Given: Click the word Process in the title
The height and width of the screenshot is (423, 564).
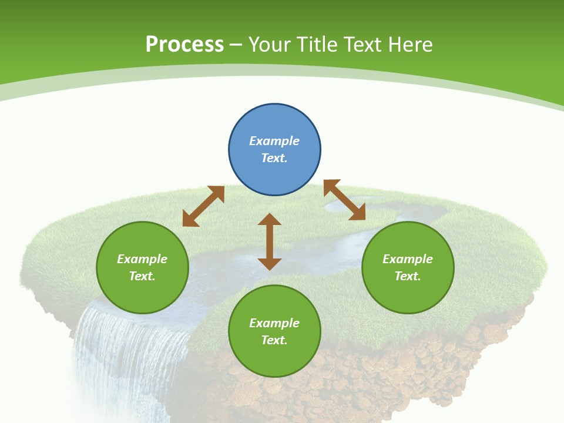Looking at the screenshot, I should coord(184,45).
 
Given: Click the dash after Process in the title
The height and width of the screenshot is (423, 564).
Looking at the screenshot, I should coord(236,45).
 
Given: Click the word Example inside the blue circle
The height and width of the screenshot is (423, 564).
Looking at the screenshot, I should coord(274,141).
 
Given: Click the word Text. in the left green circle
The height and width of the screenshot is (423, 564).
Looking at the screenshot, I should coord(142,276).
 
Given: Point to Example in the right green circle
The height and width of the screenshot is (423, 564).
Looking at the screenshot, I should coord(408,259).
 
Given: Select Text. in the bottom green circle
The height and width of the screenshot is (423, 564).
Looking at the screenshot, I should coord(274,340).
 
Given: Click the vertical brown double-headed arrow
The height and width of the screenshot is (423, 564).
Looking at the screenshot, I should coord(270,241).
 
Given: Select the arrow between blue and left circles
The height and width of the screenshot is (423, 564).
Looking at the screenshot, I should coord(203,206).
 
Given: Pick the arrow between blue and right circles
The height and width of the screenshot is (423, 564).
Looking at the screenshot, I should coord(344,200).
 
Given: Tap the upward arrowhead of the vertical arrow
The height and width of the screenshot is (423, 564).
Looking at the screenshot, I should coord(270,219).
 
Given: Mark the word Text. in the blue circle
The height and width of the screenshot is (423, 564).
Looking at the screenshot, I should coord(274,158).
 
